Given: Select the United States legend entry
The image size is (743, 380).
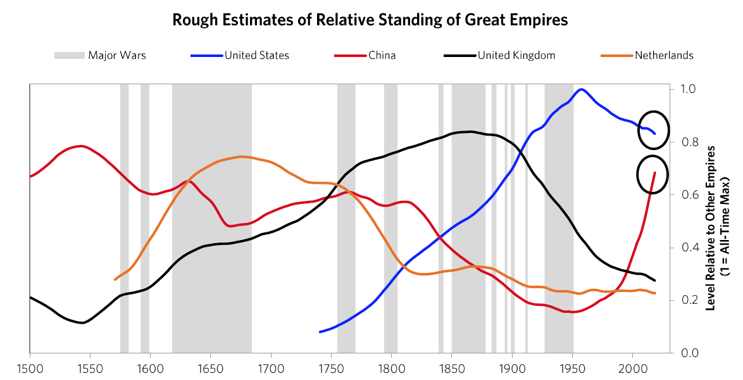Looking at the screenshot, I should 256,56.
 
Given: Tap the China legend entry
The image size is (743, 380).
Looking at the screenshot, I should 382,56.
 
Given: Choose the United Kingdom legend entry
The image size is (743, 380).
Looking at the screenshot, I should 516,56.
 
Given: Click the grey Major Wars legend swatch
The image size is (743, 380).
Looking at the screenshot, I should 69,56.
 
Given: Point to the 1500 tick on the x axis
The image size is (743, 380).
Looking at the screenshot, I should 30,367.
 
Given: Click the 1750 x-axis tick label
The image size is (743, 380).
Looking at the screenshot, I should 332,367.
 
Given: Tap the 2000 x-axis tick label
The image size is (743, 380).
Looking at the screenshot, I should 633,367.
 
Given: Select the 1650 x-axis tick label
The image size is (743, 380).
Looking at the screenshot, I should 211,367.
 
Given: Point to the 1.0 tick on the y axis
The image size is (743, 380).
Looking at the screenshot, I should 689,89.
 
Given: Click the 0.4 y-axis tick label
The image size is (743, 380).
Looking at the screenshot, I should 689,248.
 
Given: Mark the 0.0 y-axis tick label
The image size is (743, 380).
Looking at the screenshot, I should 689,353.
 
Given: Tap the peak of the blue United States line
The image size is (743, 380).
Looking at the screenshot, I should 581,89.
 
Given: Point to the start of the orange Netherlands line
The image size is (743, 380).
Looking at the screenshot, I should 115,279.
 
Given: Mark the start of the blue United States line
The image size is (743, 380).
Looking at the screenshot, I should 320,332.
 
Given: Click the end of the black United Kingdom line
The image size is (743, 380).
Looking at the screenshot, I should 655,281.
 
